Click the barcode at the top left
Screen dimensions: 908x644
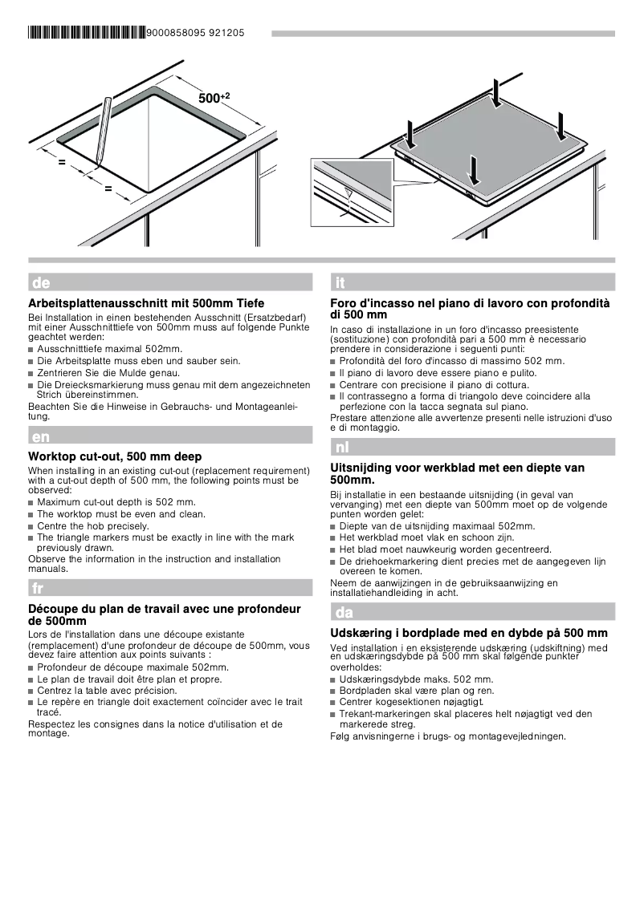coord(88,34)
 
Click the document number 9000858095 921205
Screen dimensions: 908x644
coord(196,34)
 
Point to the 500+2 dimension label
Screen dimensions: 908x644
coord(213,98)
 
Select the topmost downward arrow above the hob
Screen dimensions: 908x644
coord(498,91)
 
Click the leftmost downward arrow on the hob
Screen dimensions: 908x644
coord(411,134)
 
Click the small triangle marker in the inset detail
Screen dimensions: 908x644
coord(348,193)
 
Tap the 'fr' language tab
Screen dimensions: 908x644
coord(38,588)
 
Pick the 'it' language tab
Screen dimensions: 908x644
coord(340,282)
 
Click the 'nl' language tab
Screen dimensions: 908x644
coord(342,447)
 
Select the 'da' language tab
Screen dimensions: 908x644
coord(344,613)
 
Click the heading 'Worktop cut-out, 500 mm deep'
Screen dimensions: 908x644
coord(115,456)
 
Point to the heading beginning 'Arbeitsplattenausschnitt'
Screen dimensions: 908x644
coord(146,304)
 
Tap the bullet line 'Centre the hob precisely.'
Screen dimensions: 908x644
coord(93,525)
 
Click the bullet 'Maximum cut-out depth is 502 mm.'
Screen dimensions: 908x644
coord(116,502)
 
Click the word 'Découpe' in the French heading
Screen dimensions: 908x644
coord(52,609)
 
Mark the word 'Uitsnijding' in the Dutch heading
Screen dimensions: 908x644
coord(362,468)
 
